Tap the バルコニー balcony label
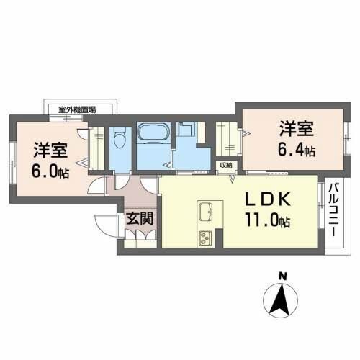[x=335, y=212]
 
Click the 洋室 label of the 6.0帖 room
[x=50, y=152]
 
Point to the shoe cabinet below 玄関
[x=138, y=240]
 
